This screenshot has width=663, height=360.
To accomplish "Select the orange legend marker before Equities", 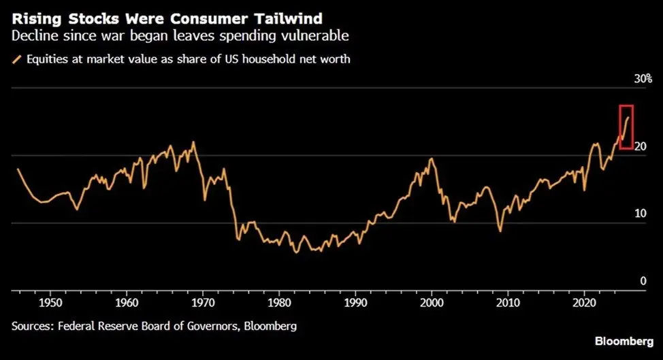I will [16, 59].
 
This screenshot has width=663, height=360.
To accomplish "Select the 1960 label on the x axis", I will [123, 301].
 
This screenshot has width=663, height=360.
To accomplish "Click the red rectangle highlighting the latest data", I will [626, 127].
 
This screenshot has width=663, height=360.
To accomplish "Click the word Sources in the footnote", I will [32, 326].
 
